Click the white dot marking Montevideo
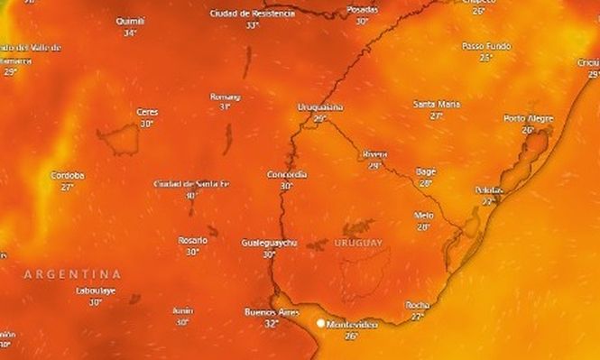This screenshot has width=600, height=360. click(x=319, y=321)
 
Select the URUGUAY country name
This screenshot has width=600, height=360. click(x=358, y=243)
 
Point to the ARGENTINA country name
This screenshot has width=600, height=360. click(x=72, y=272)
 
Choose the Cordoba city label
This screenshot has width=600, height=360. click(x=68, y=175)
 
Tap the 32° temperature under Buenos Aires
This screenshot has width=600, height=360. click(x=271, y=323)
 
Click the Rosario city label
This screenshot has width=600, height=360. click(x=192, y=240)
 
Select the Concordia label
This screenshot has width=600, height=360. click(x=287, y=174)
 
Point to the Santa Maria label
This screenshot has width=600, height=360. click(x=436, y=105)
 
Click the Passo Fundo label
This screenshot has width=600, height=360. click(x=485, y=45)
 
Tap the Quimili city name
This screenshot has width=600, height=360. click(x=131, y=21)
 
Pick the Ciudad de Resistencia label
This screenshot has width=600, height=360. click(x=253, y=14)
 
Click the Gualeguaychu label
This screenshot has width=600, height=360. click(x=270, y=244)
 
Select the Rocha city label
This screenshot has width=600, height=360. click(x=418, y=306)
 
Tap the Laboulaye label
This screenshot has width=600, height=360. click(x=96, y=291)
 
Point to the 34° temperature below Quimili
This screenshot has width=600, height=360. click(x=131, y=32)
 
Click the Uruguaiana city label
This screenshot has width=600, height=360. click(x=320, y=107)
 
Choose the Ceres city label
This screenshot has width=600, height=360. click(x=146, y=112)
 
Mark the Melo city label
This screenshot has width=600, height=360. click(x=423, y=215)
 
